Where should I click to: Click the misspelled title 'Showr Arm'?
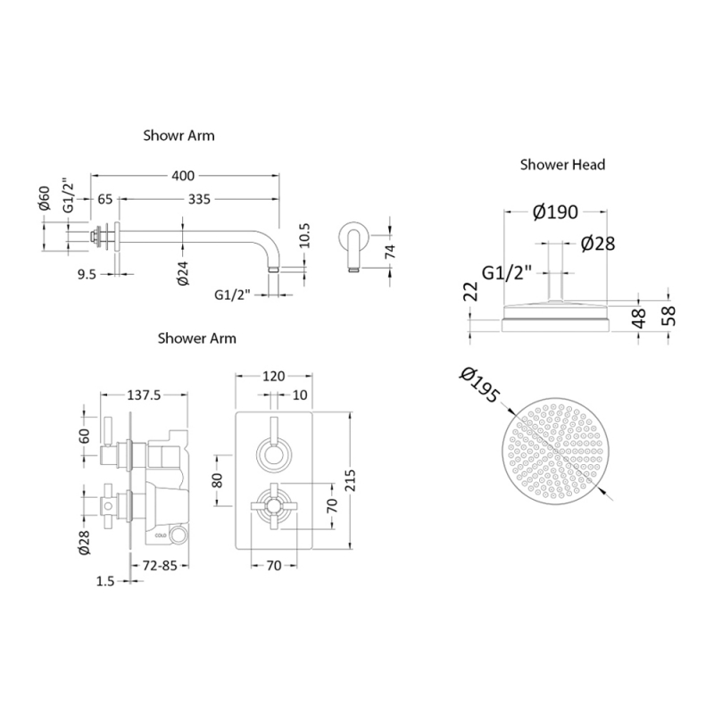tap(178, 137)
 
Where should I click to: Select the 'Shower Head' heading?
tap(562, 164)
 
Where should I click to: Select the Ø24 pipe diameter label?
tap(181, 273)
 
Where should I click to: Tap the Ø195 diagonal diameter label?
tap(477, 388)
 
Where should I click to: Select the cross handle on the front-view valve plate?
tap(272, 504)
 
